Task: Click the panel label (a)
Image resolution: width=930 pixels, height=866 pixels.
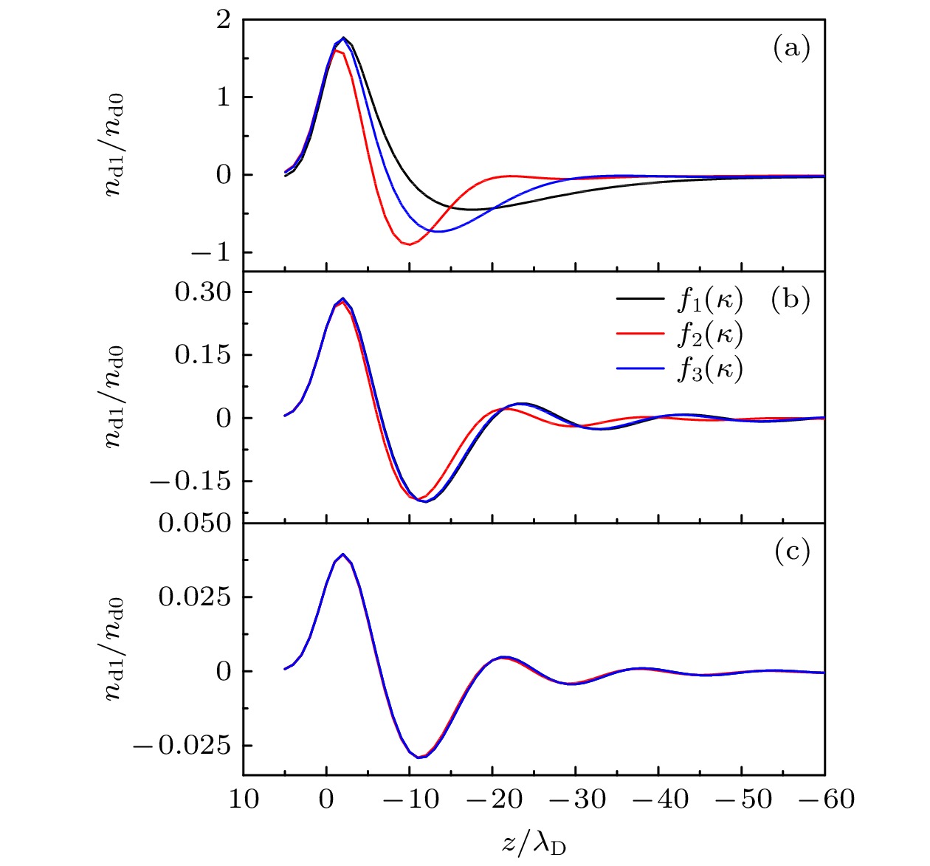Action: coord(791,49)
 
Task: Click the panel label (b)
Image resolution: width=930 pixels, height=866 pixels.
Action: coord(790,300)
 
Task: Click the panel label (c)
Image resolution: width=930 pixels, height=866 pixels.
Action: coord(791,551)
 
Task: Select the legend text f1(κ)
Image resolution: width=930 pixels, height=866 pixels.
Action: coord(709,299)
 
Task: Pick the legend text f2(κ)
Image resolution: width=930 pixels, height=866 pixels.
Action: coord(709,334)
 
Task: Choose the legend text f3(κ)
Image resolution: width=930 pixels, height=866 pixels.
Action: coord(709,368)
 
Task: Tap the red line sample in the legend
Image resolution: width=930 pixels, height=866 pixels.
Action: coord(640,334)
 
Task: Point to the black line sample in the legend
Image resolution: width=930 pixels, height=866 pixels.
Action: coord(640,300)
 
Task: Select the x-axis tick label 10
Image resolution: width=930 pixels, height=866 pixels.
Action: coord(244,800)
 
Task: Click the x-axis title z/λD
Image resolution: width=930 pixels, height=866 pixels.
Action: coord(534,842)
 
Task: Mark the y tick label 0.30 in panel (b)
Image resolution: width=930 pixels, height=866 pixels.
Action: coord(203,292)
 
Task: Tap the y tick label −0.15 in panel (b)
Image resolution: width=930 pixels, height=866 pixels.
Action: coord(190,481)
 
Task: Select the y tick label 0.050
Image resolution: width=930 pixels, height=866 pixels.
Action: coord(195,523)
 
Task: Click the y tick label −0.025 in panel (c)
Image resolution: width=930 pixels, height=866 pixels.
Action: coord(182,746)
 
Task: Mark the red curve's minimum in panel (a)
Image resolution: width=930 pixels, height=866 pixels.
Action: coord(410,244)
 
